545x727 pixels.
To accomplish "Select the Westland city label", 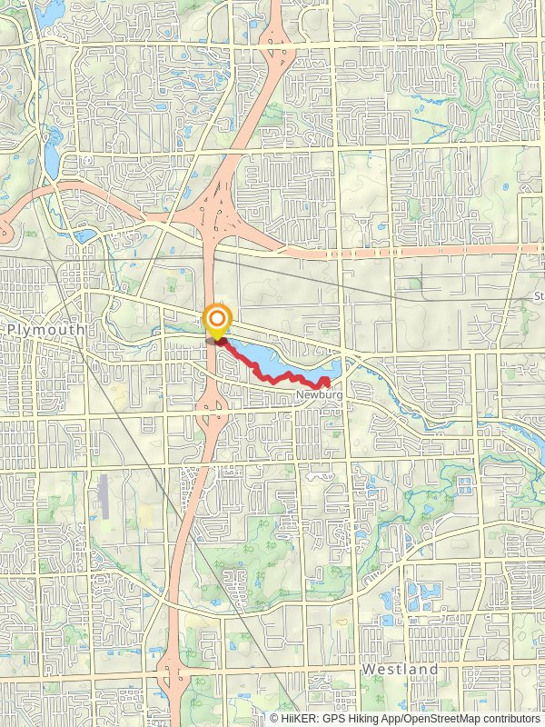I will [400, 670].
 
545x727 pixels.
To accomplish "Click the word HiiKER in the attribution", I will [297, 718].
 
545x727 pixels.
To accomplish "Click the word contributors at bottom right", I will [510, 718].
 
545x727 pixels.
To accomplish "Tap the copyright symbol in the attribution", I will [274, 718].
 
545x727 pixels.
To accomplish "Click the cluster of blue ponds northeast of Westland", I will [420, 596].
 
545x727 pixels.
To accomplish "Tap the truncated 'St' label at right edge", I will [538, 296].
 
